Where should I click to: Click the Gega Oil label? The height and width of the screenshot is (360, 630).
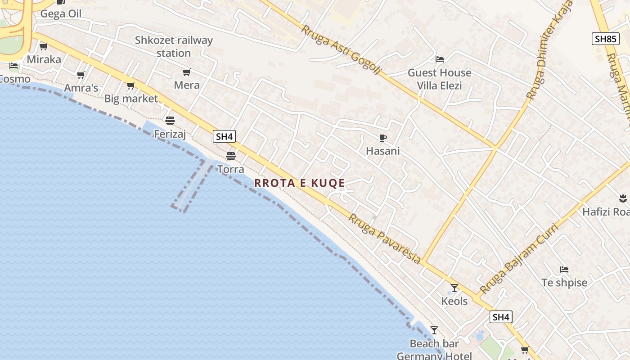click(61, 14)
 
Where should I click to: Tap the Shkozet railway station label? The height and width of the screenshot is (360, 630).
click(174, 47)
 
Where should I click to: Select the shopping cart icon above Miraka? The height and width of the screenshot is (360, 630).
click(44, 46)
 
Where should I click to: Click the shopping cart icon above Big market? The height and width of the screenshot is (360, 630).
click(130, 85)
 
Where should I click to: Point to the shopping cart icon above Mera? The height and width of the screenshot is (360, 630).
click(186, 72)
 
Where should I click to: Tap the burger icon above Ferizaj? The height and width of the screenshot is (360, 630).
click(170, 121)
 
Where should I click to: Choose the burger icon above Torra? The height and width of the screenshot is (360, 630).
click(231, 156)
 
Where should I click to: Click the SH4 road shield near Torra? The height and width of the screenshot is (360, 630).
click(225, 136)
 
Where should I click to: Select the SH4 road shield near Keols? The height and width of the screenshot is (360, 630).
click(501, 317)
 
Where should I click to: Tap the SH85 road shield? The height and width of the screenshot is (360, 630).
click(605, 39)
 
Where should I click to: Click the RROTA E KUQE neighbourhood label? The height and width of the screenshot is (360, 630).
click(300, 183)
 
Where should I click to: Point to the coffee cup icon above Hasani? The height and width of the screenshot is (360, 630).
click(382, 138)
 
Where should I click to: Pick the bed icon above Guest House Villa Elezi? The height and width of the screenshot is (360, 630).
click(440, 59)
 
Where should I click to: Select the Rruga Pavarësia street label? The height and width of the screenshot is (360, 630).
click(385, 239)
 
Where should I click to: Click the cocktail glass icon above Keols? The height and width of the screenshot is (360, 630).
click(454, 288)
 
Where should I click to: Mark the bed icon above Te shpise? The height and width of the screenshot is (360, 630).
click(564, 270)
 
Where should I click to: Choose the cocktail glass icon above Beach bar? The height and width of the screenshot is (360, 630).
click(434, 330)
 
